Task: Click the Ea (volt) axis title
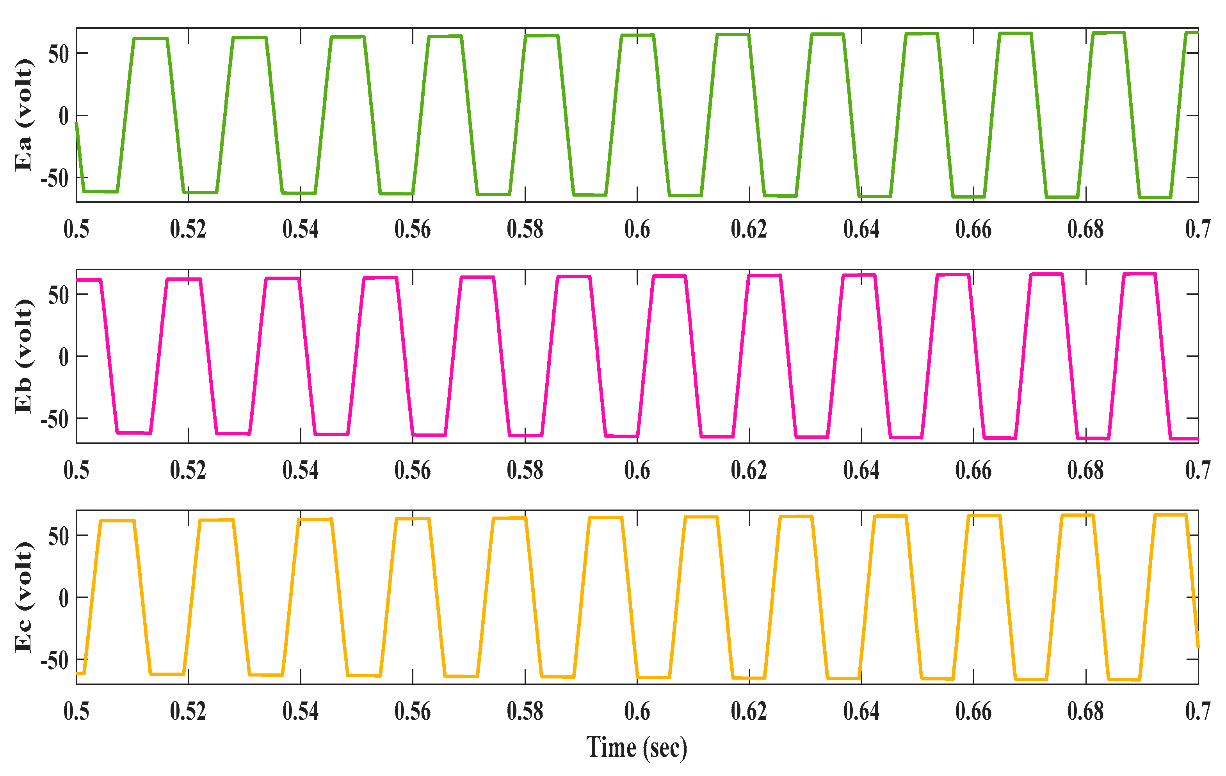coord(23,115)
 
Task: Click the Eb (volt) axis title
coord(23,356)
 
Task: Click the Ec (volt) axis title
coord(23,597)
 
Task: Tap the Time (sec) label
coord(637,748)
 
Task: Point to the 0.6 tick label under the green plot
coord(637,229)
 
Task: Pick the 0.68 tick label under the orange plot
coord(1085,711)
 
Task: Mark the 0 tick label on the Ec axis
coord(64,598)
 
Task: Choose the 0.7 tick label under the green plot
coord(1198,229)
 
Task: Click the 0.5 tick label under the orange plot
coord(77,711)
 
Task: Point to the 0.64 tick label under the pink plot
coord(861,470)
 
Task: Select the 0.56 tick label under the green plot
coord(413,229)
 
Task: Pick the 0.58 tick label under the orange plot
coord(525,711)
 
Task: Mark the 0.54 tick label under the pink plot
coord(301,470)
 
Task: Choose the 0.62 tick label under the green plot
coord(749,229)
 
